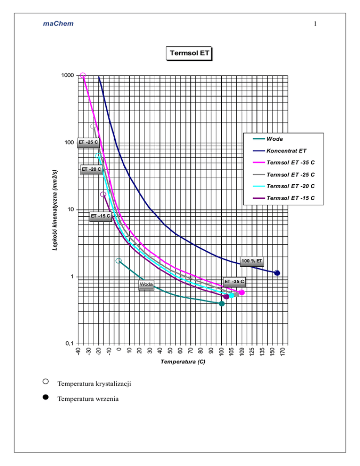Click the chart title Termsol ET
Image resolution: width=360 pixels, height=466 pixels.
pyautogui.click(x=188, y=53)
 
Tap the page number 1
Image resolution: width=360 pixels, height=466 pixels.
pyautogui.click(x=316, y=24)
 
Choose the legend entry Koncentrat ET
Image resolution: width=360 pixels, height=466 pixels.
pyautogui.click(x=286, y=151)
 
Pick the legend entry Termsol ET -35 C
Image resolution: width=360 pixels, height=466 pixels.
pyautogui.click(x=290, y=163)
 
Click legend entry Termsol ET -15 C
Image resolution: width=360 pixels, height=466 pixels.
pyautogui.click(x=290, y=198)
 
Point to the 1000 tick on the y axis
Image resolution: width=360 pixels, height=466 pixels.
pyautogui.click(x=67, y=75)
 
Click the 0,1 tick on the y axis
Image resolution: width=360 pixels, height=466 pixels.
pyautogui.click(x=69, y=344)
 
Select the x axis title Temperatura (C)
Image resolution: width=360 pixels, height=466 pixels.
pyautogui.click(x=182, y=362)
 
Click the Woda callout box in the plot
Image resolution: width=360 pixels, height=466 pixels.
pyautogui.click(x=146, y=285)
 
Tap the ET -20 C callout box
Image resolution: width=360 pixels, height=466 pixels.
pyautogui.click(x=91, y=169)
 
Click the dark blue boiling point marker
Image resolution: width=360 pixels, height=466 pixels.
pyautogui.click(x=277, y=273)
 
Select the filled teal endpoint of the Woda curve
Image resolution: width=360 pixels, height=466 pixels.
pyautogui.click(x=222, y=304)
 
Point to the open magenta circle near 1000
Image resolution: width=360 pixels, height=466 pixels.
pyautogui.click(x=83, y=75)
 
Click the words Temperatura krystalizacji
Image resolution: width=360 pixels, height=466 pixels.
pyautogui.click(x=94, y=384)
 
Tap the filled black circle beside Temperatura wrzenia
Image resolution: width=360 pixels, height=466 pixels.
pyautogui.click(x=45, y=397)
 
